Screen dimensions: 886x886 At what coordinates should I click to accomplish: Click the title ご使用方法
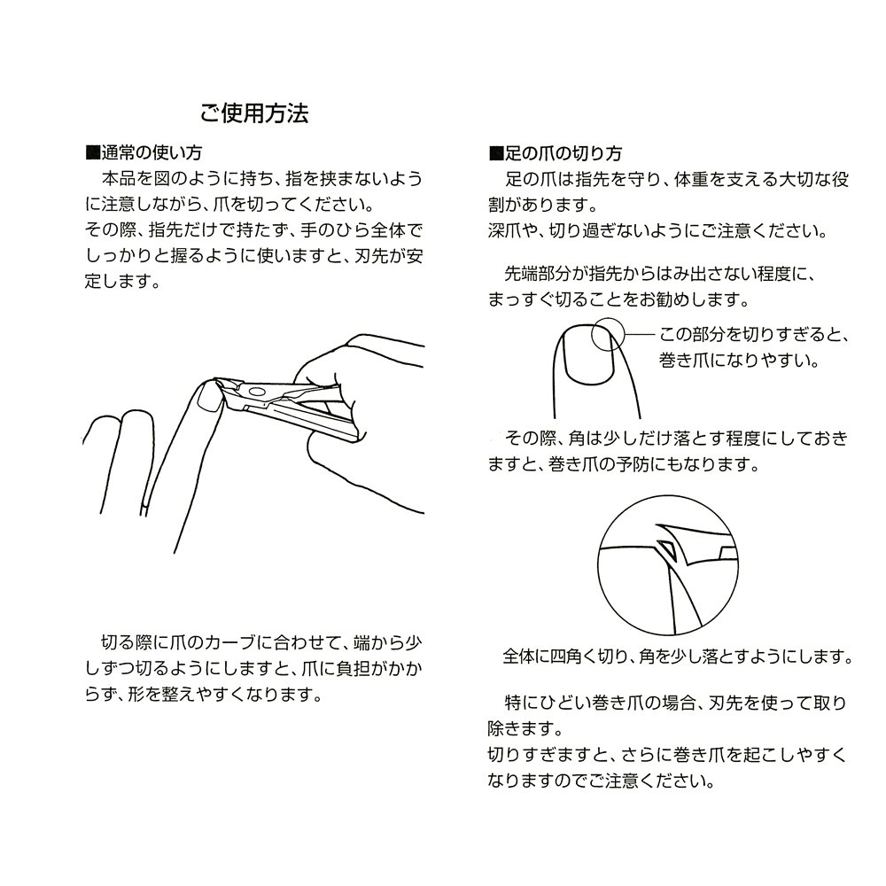click(x=254, y=113)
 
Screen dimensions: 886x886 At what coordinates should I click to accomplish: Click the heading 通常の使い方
click(x=152, y=152)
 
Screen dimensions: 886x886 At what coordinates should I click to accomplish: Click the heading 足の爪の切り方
click(x=563, y=153)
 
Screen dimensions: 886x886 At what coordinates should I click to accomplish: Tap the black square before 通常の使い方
click(x=92, y=152)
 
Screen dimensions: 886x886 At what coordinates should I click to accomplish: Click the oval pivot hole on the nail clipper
click(x=257, y=391)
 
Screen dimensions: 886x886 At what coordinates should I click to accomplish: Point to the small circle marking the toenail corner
click(x=608, y=335)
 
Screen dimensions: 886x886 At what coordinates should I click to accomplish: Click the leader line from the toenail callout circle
click(x=640, y=335)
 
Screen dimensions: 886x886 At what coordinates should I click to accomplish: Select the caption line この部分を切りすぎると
click(x=754, y=335)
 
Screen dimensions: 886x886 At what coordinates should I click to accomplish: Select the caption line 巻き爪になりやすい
click(x=739, y=360)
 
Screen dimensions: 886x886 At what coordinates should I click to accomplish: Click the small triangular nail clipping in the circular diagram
click(x=666, y=548)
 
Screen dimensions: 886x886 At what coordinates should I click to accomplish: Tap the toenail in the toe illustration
click(x=589, y=354)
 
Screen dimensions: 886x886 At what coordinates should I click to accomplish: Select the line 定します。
click(x=123, y=282)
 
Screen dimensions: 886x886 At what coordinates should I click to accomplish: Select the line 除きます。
click(x=526, y=729)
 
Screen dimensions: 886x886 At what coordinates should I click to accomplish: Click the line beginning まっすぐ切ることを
click(x=618, y=299)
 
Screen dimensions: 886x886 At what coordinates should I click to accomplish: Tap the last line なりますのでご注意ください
click(x=602, y=781)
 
